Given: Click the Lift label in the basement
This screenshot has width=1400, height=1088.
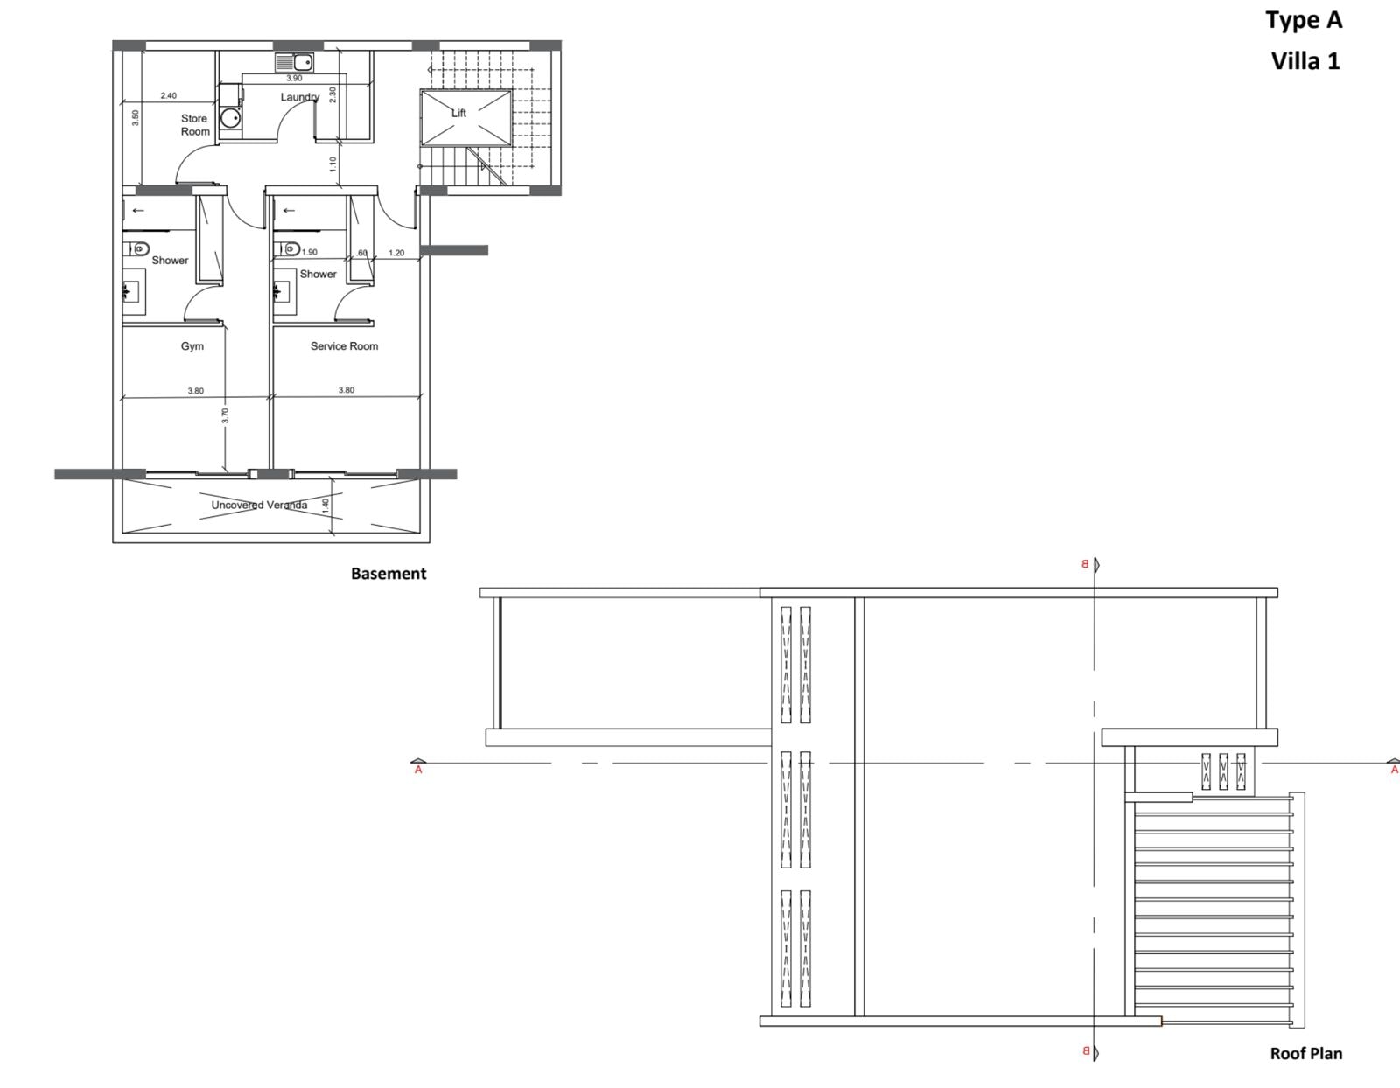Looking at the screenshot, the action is coord(458,113).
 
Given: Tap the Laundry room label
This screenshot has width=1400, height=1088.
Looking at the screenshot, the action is coord(299,97).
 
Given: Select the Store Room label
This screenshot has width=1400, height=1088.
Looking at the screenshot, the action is coord(195,125).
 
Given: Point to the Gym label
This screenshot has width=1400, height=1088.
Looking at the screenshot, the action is coord(192,346).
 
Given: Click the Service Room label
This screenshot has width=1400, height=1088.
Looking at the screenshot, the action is coord(344,346).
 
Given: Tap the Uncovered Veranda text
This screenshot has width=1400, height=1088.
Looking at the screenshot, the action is coord(259,505).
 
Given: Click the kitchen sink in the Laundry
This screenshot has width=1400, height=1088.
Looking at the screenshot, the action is coord(294,62).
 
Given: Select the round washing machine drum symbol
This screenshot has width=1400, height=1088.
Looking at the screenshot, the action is coord(230,119).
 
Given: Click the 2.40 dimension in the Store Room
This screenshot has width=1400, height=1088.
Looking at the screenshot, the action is coord(169,96).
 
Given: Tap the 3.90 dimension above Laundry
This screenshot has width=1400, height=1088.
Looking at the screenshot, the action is coord(294,79).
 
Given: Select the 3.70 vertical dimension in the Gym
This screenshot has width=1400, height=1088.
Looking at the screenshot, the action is coord(225,416).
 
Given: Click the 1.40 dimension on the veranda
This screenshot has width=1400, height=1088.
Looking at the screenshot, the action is coord(325,506).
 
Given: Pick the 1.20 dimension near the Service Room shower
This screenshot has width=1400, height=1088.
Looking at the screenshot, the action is coord(396,253).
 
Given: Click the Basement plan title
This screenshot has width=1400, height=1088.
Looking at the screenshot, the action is coord(388,574).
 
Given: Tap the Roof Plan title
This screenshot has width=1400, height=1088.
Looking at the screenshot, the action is coord(1305,1053).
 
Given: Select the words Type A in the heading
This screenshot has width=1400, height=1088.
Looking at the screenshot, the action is coord(1304,20).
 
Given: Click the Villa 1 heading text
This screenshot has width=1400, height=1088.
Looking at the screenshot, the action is coord(1305,61).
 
